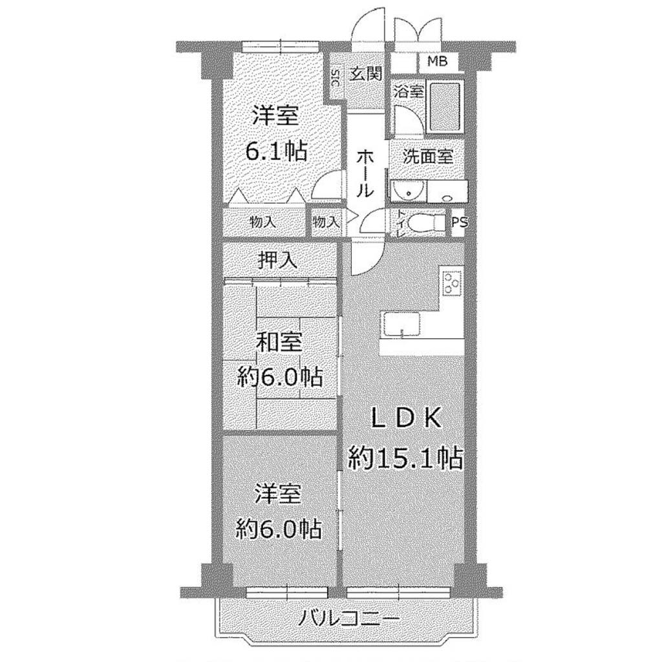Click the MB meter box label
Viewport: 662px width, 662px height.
pos(438,61)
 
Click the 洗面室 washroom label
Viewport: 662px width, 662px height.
pos(428,157)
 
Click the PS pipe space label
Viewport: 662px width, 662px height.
pos(460,222)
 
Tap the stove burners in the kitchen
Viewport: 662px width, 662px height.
pos(452,282)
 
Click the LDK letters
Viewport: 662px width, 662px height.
pos(406,419)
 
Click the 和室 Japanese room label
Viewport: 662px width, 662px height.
pos(279,342)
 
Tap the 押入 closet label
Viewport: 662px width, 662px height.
pos(277,261)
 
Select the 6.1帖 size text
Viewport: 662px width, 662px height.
pos(276,151)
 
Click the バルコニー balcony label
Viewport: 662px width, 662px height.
pos(348,620)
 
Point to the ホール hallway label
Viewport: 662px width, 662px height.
pos(365,174)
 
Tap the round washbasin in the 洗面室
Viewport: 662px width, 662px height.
pos(408,192)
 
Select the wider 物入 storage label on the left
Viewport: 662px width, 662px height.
pos(263,222)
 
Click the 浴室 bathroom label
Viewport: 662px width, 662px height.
pos(409,91)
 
